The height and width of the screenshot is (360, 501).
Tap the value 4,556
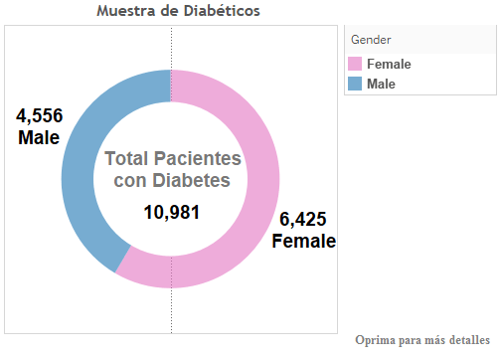[x=39, y=116]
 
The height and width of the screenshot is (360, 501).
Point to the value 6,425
[x=303, y=220]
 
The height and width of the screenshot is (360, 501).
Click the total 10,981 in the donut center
[x=171, y=212]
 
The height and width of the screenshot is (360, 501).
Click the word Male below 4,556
[x=39, y=138]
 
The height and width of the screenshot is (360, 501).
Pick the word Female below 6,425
[x=303, y=242]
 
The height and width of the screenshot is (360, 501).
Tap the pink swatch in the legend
[x=355, y=64]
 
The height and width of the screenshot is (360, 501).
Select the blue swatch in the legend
[x=355, y=84]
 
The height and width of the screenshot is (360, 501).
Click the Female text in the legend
[x=389, y=64]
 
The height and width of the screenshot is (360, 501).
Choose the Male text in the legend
[x=381, y=84]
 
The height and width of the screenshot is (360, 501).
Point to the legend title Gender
[x=372, y=39]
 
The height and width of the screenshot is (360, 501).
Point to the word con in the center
[x=129, y=180]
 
